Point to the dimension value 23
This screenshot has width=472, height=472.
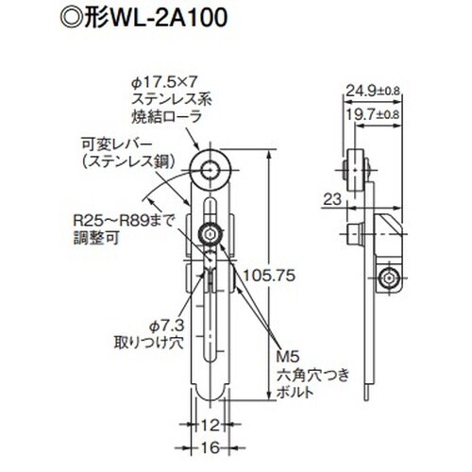pyautogui.click(x=329, y=199)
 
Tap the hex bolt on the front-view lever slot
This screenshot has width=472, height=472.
pyautogui.click(x=209, y=232)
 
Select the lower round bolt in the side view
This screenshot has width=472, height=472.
pyautogui.click(x=387, y=278)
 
